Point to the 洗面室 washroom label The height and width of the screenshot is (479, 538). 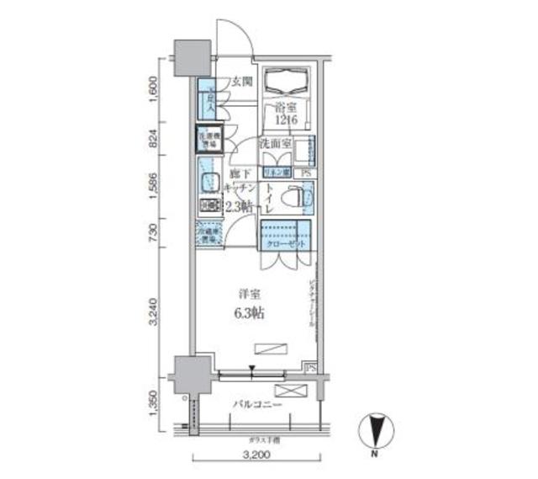275,143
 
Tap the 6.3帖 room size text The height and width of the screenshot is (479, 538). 251,315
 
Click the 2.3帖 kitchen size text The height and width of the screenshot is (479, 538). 240,205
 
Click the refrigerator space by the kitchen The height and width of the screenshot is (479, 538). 208,233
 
